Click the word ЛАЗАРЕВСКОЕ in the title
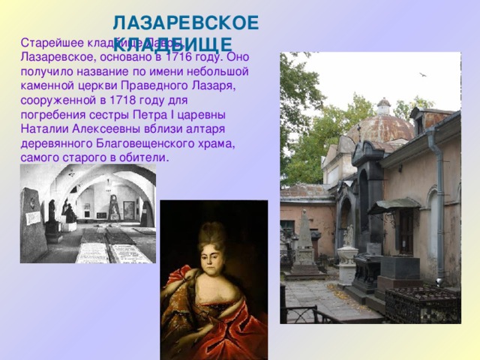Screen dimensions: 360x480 [186, 22]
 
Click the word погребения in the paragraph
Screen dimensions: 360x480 [55, 114]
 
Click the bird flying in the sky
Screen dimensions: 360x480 [421, 74]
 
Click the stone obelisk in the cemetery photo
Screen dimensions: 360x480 [305, 240]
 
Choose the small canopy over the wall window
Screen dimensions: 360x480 [394, 204]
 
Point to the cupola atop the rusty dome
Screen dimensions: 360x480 [383, 106]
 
